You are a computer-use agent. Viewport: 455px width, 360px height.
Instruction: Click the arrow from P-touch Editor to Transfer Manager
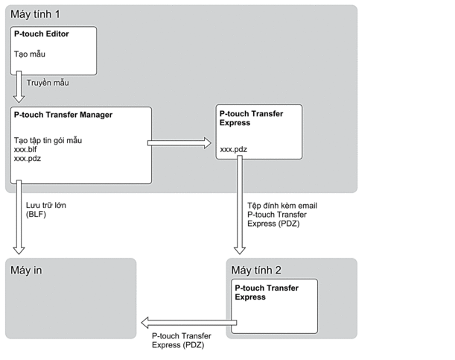(x=18, y=88)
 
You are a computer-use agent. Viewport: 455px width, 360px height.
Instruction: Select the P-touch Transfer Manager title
(x=63, y=115)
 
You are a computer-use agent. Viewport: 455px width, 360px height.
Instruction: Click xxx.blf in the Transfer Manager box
(x=25, y=149)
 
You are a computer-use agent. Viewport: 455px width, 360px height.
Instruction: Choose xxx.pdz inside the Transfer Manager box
(x=27, y=158)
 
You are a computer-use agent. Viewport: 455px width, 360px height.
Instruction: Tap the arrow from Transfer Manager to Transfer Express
(x=180, y=142)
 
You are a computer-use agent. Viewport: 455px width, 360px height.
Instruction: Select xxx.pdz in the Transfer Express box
(x=234, y=149)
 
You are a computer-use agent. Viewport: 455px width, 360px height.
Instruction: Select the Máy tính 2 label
(x=256, y=270)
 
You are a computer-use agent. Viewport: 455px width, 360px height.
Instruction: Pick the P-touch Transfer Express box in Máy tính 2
(x=276, y=306)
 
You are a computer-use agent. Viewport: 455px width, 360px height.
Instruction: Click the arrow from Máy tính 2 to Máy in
(x=190, y=323)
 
